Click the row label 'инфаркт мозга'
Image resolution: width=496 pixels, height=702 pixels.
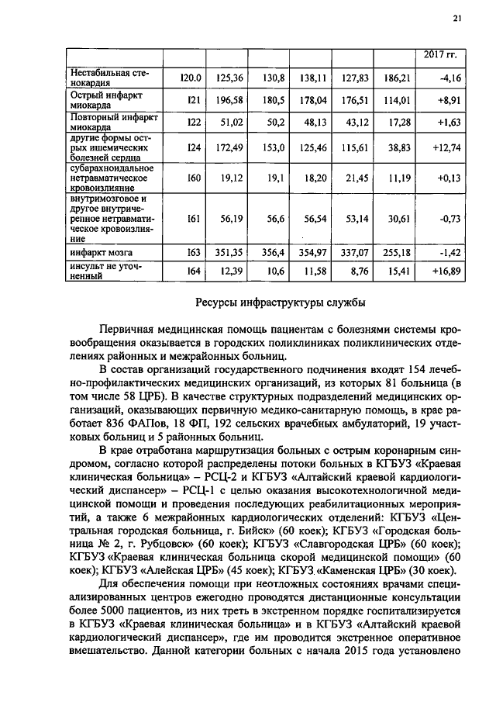tap(98, 253)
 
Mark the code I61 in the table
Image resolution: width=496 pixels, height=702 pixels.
tap(194, 220)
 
